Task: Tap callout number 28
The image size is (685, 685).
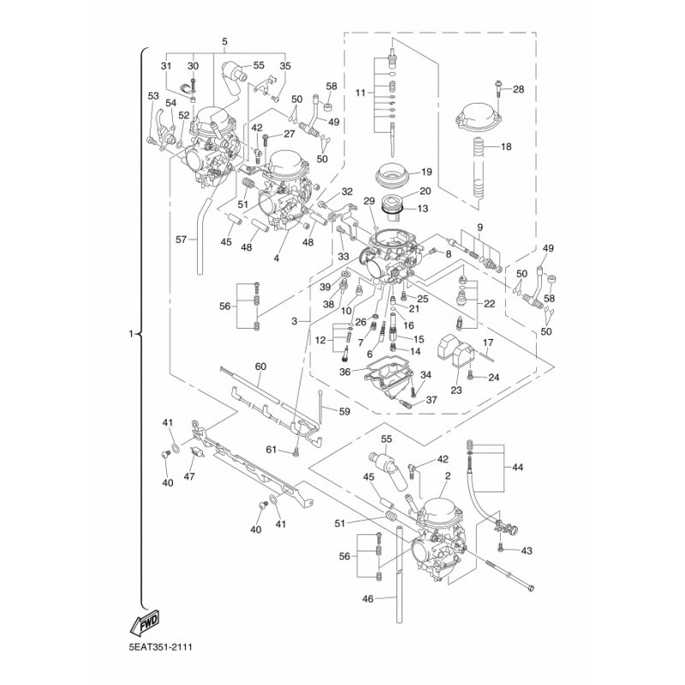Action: tap(519, 89)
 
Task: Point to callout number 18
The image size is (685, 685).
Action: tap(505, 147)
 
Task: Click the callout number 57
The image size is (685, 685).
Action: tap(181, 240)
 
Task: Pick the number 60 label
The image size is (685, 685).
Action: tap(260, 366)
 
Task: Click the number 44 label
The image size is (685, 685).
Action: tap(517, 468)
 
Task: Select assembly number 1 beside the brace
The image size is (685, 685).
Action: tap(130, 333)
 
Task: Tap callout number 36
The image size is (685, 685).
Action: tap(345, 372)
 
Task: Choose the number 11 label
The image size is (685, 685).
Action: tap(360, 92)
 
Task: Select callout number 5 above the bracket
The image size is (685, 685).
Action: tap(224, 41)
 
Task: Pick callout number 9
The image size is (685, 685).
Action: tap(480, 228)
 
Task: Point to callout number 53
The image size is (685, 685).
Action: tap(153, 95)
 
